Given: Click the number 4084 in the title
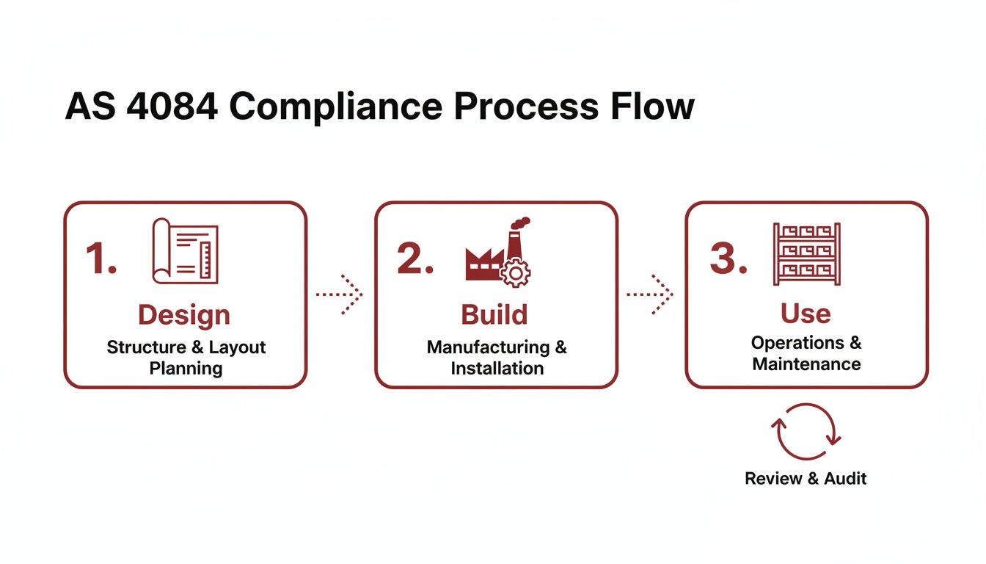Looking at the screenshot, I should [x=171, y=107].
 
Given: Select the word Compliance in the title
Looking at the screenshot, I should [x=335, y=107].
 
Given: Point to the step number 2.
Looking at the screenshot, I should [x=415, y=258].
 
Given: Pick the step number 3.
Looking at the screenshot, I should [x=728, y=258].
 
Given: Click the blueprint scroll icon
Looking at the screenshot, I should [x=185, y=250].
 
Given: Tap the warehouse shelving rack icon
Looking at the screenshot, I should [x=806, y=253].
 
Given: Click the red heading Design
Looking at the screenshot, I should [x=184, y=315].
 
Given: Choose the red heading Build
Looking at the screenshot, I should [x=494, y=314].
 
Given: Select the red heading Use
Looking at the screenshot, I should [x=806, y=314].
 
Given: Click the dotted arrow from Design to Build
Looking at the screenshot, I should [x=340, y=294].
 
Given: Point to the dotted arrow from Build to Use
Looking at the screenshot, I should [x=650, y=294].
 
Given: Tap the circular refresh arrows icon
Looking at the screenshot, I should [x=806, y=432].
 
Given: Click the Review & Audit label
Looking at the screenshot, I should [x=806, y=479].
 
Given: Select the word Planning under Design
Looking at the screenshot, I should [x=186, y=368].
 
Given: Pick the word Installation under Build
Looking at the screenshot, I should [x=497, y=368].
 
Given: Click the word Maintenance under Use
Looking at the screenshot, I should [x=806, y=364].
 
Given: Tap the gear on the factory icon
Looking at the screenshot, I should [x=516, y=273].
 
